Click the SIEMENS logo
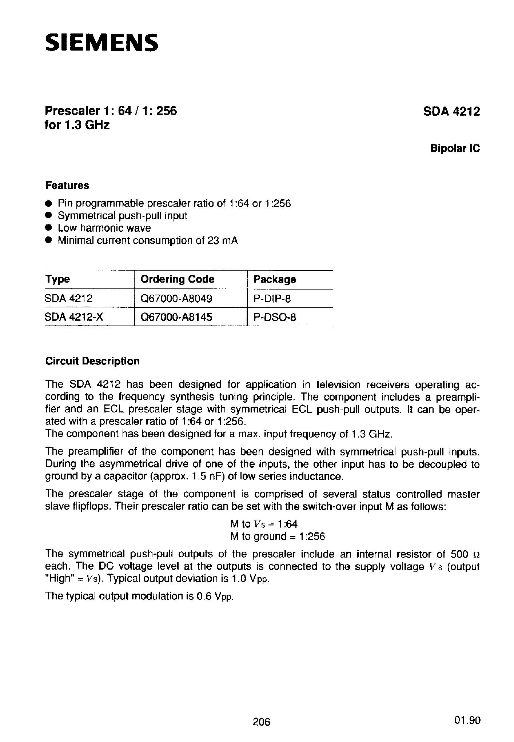coord(101,43)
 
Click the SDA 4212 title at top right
coord(451,111)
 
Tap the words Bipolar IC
coord(455,148)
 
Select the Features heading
coord(67,185)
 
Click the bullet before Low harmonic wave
coord(48,228)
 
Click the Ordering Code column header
coord(177,279)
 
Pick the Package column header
coord(274,279)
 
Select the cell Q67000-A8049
coord(176,299)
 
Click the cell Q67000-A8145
coord(176,317)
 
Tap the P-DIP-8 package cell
coord(272,299)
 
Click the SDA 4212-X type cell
coord(74,317)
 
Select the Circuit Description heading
coord(92,361)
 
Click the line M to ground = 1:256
coord(277,536)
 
